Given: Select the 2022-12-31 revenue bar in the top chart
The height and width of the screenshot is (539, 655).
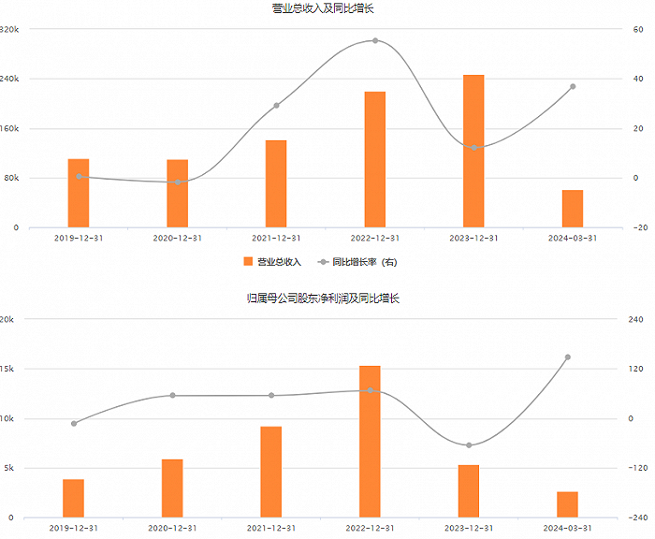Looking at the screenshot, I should [375, 159].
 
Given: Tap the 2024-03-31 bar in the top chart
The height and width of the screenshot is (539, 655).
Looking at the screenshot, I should [573, 208].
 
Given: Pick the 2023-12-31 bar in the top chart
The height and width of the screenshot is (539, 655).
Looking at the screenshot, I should [473, 151].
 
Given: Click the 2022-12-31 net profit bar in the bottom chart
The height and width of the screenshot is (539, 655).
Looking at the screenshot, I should [370, 441].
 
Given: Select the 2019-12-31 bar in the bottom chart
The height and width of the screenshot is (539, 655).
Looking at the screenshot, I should [74, 498].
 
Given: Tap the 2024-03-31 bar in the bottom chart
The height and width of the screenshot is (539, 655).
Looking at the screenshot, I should [567, 504].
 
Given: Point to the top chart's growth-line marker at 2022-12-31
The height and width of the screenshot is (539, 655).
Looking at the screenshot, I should [375, 40].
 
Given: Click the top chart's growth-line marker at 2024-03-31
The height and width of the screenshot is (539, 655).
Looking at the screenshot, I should [573, 87].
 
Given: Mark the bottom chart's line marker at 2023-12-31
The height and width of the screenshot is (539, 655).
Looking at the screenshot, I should [469, 445].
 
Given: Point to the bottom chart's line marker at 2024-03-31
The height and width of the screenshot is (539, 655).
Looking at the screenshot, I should [567, 357].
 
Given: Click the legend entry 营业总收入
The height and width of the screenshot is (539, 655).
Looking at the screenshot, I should [273, 262].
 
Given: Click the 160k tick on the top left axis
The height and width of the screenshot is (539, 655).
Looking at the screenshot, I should [11, 128].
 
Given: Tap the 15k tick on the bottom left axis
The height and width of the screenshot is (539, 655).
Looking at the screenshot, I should [7, 369].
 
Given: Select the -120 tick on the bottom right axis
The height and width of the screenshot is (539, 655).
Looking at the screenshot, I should [639, 468].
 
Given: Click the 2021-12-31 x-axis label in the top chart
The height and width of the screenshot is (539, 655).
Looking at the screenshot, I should [276, 239].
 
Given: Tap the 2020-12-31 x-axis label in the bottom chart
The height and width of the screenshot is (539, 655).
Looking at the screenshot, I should [172, 529].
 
